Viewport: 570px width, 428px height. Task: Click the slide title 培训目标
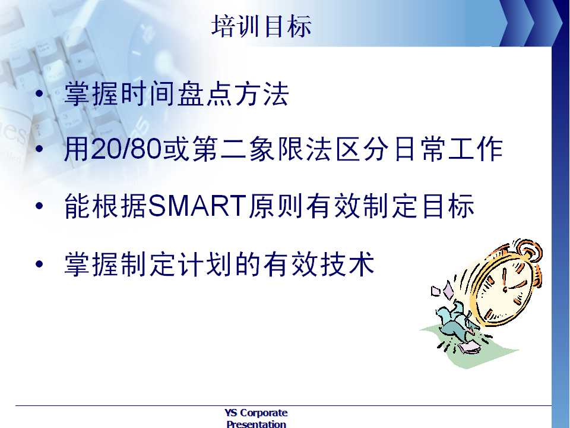click(x=261, y=26)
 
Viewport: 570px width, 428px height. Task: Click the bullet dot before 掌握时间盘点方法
click(x=39, y=94)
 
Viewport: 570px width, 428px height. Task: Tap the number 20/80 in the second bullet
click(x=126, y=149)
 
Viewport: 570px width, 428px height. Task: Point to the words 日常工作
click(x=449, y=149)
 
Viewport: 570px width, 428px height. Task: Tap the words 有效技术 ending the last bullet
click(x=319, y=263)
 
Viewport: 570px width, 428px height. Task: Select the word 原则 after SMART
click(x=275, y=206)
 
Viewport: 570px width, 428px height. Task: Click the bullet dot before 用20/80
click(x=39, y=149)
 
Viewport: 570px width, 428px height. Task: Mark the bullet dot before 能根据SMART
click(x=39, y=206)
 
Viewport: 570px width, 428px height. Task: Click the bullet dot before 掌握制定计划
click(x=39, y=263)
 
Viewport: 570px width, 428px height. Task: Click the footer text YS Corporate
click(x=256, y=413)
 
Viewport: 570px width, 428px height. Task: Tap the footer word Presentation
click(x=256, y=424)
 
